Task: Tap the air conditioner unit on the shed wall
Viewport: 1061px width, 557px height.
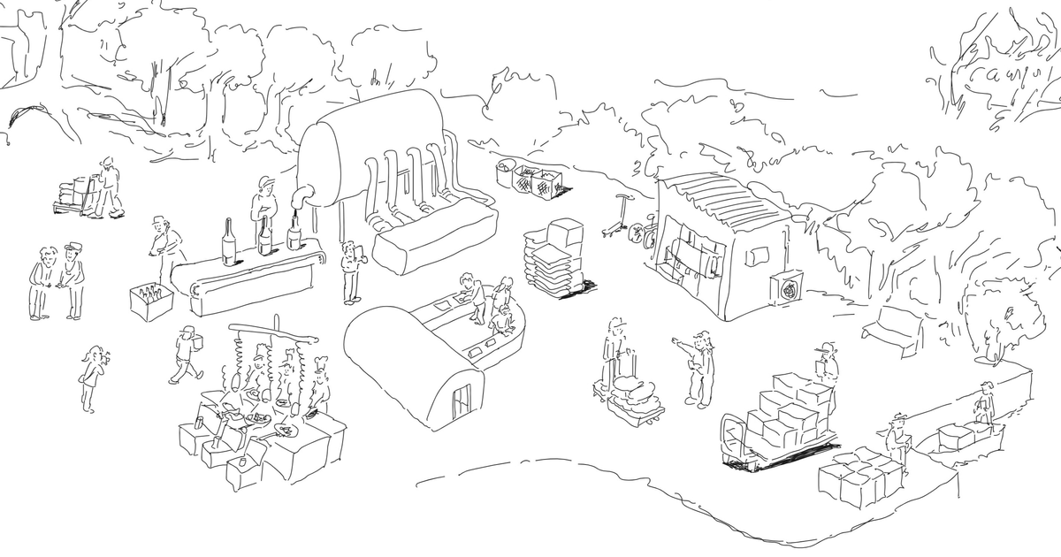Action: [789, 286]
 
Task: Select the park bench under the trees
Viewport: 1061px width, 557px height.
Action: [894, 329]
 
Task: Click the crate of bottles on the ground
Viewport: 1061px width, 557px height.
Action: [151, 301]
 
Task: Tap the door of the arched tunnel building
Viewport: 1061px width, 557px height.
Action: [460, 402]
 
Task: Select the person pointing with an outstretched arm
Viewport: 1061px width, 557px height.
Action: [698, 367]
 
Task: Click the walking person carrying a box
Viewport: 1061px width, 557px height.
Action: [186, 355]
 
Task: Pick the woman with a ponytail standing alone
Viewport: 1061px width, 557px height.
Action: [90, 377]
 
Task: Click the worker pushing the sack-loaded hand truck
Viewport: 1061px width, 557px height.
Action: [109, 187]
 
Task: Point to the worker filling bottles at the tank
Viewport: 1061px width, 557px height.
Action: [264, 208]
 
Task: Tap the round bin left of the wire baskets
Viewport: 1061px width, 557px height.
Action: [508, 172]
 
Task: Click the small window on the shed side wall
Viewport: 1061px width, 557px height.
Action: [757, 256]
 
